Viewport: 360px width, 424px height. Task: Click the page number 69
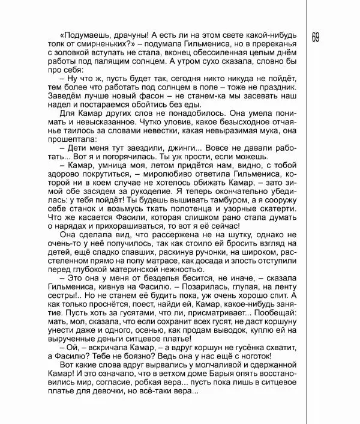click(x=316, y=37)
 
